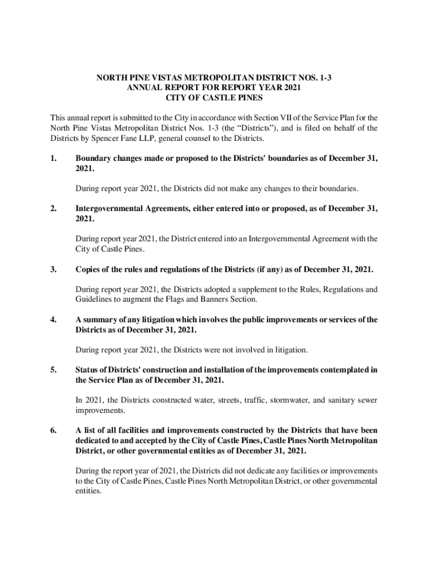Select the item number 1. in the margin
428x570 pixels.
(54, 159)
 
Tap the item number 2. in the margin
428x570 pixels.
(54, 209)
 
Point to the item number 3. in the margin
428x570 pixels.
(54, 269)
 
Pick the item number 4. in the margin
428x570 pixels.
(54, 320)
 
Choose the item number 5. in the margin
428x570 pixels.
(54, 370)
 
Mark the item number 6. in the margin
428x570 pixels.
(54, 430)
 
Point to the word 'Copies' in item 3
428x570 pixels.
(89, 269)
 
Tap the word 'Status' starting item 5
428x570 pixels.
(88, 370)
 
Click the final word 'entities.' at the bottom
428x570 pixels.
(88, 492)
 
